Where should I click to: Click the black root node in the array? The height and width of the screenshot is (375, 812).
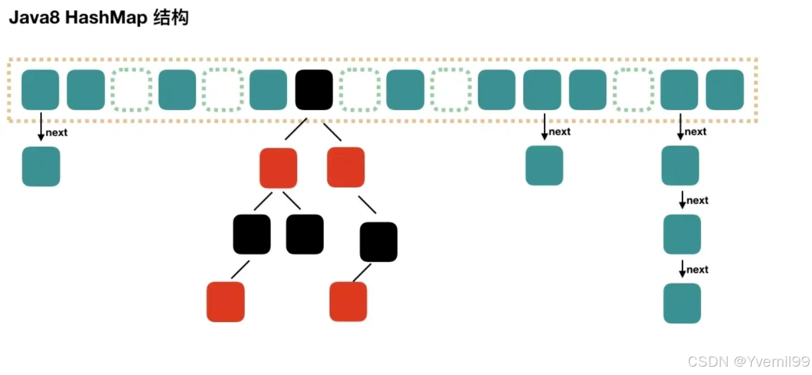tap(314, 89)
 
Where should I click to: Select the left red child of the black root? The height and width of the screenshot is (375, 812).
tap(278, 168)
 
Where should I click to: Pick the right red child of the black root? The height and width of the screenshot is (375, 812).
tap(346, 167)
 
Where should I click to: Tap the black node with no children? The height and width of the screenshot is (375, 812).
tap(305, 234)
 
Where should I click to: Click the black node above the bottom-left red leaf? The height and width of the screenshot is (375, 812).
tap(252, 234)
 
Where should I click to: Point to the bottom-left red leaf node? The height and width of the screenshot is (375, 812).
tap(225, 301)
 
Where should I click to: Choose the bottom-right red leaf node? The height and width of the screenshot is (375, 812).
tap(348, 301)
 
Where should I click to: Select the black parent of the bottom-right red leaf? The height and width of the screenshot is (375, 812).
tap(379, 241)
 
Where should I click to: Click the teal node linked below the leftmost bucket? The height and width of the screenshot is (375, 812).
tap(41, 167)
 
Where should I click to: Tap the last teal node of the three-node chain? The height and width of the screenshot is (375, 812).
tap(682, 303)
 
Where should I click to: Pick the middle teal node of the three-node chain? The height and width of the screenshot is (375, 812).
tap(682, 234)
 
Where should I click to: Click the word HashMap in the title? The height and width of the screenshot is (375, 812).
tap(106, 18)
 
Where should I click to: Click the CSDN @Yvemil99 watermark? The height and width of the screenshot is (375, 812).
tap(749, 361)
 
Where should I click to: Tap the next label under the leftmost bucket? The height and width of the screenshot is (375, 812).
tap(57, 132)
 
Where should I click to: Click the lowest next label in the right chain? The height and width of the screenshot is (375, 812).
tap(697, 270)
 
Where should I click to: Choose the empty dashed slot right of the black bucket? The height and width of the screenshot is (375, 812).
tap(360, 89)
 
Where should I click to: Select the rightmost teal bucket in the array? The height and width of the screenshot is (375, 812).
tap(725, 89)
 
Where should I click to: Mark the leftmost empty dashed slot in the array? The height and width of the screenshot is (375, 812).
tap(132, 89)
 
